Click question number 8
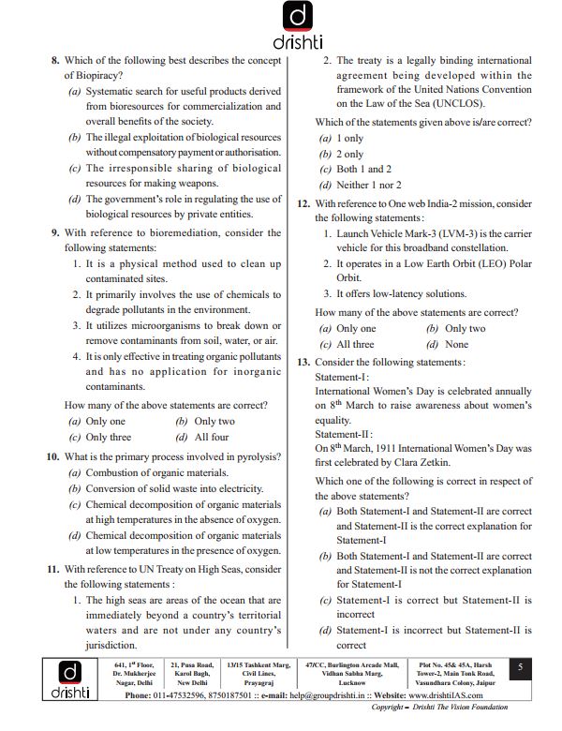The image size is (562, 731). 54,61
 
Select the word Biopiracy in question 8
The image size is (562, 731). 94,76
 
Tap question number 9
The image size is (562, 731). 54,232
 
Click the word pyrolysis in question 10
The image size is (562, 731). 250,456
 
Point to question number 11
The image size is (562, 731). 52,569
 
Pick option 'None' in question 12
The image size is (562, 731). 456,344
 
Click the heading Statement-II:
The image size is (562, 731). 344,435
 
